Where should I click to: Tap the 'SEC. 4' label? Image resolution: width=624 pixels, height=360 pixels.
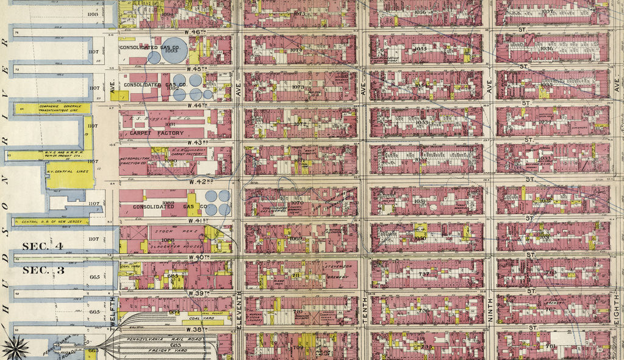43,247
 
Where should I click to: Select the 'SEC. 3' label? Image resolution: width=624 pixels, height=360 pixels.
43,270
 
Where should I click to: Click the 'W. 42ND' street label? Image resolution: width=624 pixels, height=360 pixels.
199,182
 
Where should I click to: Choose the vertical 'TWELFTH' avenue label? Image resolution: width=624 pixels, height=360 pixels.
113,312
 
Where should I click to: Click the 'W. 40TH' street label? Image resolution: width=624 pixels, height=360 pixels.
199,257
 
